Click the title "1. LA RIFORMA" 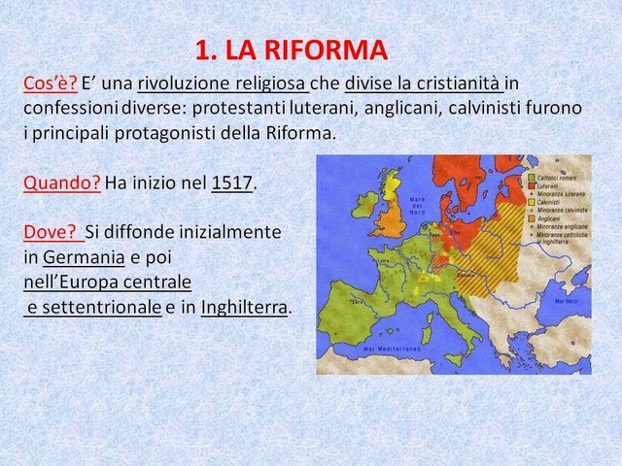coord(292,50)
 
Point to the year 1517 coord(231,182)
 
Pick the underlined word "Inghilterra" coord(244,308)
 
